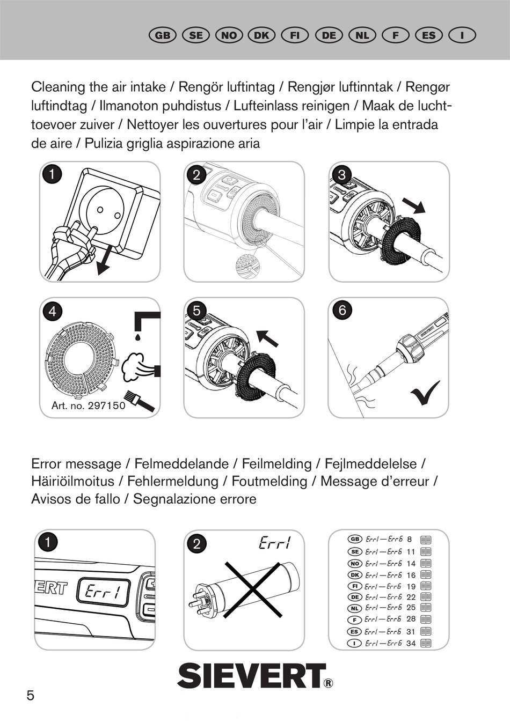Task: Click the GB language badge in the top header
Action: [162, 35]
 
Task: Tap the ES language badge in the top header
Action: [428, 35]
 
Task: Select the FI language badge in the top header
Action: [295, 35]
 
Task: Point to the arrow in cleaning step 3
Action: [413, 205]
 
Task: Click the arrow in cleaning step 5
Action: [267, 338]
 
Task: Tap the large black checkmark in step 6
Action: [425, 393]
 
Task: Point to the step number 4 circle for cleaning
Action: [52, 311]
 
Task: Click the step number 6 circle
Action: [342, 310]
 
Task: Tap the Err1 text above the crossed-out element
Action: [274, 543]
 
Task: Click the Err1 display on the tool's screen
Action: [104, 593]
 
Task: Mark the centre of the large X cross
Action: [253, 588]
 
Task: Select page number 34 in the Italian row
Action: [411, 643]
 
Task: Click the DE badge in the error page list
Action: [354, 597]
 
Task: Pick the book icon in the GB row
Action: [426, 540]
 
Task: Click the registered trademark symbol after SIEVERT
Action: [328, 683]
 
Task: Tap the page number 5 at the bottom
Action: [31, 696]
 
